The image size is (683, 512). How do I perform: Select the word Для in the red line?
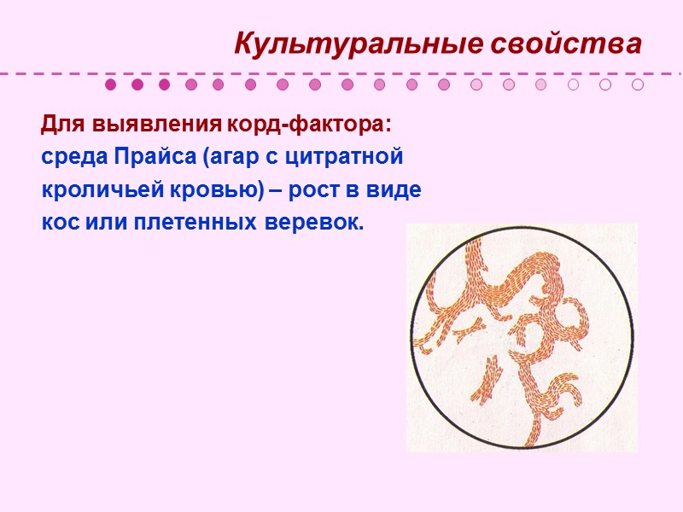59,126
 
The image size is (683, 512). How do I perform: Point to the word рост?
311,191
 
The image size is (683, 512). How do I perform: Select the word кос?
58,224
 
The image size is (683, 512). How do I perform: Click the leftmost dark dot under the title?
110,84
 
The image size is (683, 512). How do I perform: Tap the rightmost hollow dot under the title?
638,84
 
